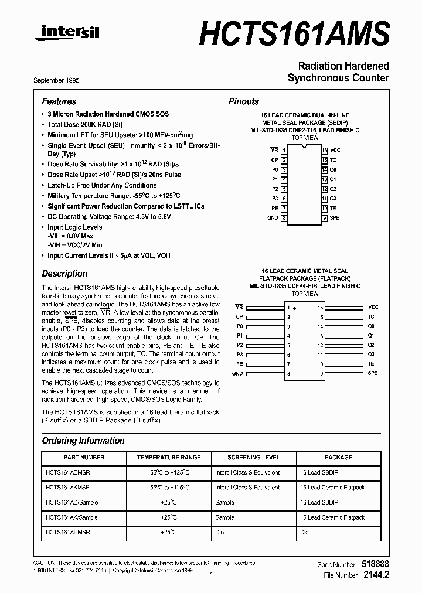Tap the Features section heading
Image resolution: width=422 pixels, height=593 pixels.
point(59,101)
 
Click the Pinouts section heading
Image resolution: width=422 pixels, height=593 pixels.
point(243,101)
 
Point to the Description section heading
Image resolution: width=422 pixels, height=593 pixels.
point(64,274)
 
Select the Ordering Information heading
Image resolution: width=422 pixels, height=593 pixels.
point(83,441)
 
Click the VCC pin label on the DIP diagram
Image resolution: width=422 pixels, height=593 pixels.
point(335,150)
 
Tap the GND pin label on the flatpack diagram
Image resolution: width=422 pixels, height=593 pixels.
point(237,373)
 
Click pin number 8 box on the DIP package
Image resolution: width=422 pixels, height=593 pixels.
point(284,218)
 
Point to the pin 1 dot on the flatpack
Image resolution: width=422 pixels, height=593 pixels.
point(294,308)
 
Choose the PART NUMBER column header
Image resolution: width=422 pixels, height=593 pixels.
point(84,458)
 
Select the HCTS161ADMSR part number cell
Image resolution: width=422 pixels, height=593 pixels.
point(67,472)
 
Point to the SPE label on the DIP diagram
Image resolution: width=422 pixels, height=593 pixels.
point(335,218)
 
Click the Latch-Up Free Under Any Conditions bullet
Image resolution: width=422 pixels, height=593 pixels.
point(102,185)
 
